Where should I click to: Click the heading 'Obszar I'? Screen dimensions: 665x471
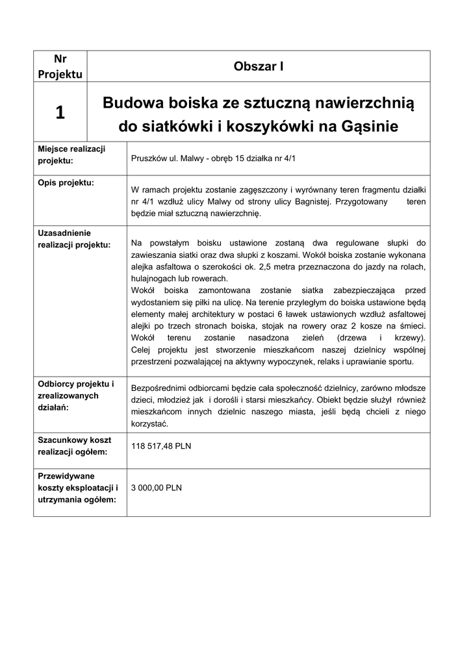[258, 66]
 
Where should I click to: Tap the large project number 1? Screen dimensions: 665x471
[60, 113]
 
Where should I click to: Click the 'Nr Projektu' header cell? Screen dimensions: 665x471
[60, 66]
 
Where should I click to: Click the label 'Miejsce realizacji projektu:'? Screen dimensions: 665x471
[71, 155]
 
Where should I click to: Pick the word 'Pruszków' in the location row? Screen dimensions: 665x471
[148, 158]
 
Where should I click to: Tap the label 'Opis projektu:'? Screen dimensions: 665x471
[66, 182]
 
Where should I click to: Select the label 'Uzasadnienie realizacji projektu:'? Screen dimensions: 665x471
[74, 238]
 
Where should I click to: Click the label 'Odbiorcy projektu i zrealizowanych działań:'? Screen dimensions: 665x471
[76, 395]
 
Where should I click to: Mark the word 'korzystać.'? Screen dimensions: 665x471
[149, 423]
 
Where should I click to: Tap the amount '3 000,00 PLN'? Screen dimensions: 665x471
[157, 487]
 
